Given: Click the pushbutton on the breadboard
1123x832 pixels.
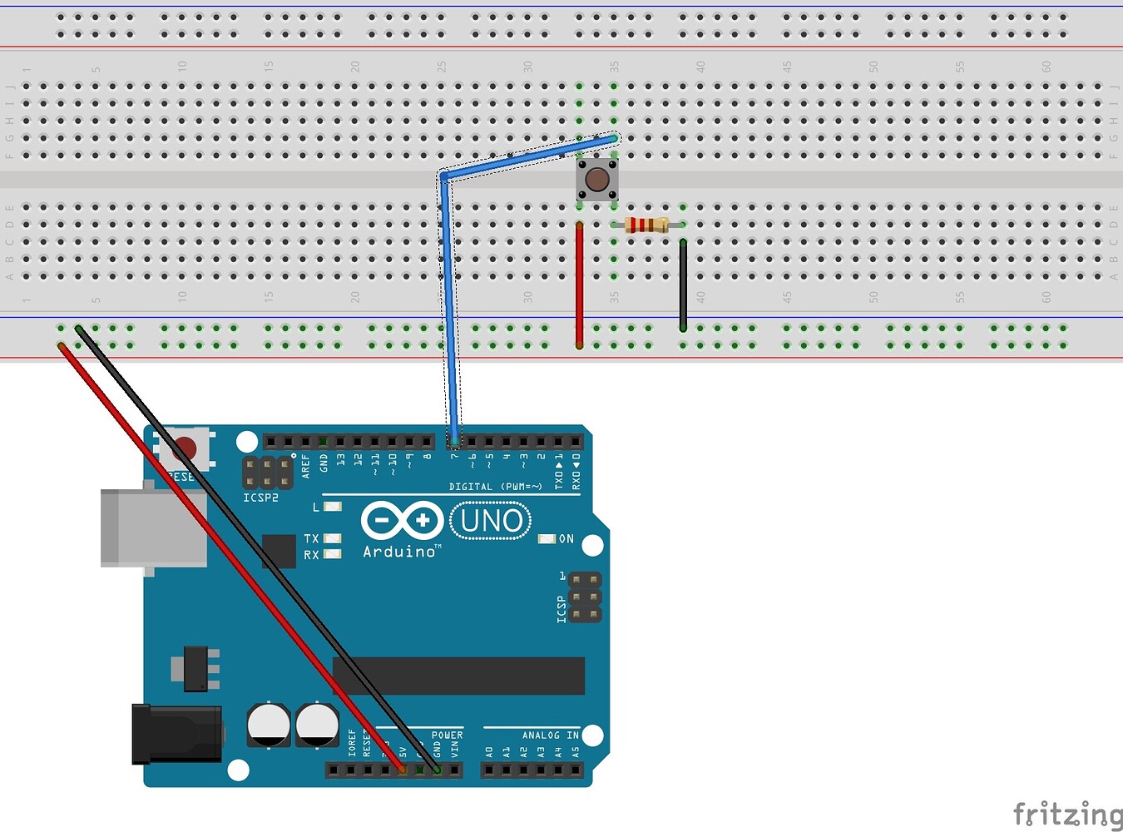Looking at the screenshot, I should (x=596, y=179).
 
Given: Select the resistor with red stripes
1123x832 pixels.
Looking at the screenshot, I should (x=646, y=225).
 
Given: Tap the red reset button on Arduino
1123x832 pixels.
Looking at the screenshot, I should (x=185, y=449).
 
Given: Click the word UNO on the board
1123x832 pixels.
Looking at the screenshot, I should (x=491, y=522).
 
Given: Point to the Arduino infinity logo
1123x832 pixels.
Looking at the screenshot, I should (x=402, y=521).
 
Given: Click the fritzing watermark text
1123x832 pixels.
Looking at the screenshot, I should (x=1066, y=814).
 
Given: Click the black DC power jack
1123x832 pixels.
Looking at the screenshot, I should (x=176, y=734).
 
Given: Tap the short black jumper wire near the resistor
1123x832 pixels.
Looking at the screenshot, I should (x=683, y=285).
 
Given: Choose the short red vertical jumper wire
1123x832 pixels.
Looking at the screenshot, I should (x=579, y=285).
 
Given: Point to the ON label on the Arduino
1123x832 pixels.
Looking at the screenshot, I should (x=566, y=539).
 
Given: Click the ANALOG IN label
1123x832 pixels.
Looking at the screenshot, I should (x=550, y=735).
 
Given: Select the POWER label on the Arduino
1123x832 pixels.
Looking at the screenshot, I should (x=447, y=735).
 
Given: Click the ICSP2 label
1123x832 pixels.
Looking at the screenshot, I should (x=260, y=498).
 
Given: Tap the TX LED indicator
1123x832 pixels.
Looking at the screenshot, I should (x=332, y=539).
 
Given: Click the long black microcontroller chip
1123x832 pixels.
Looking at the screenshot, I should (x=458, y=676).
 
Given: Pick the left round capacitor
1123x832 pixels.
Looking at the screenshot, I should (x=269, y=725).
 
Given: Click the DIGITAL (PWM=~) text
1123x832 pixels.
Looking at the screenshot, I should (x=495, y=487).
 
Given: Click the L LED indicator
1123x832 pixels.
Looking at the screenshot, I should (x=332, y=507).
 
